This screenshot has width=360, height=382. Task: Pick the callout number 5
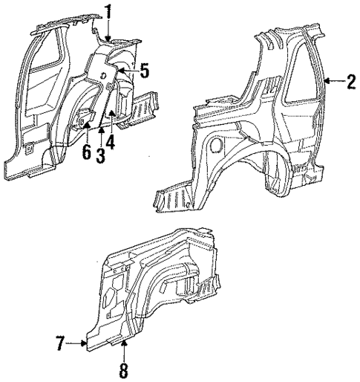145,71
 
